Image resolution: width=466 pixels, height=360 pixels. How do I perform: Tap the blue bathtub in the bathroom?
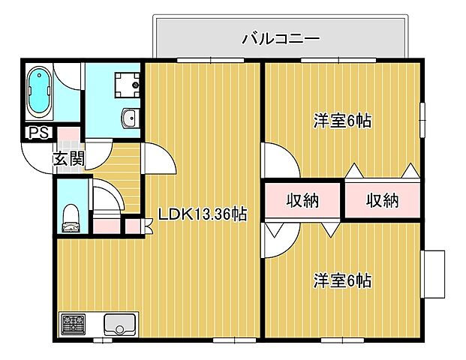pyautogui.click(x=39, y=92)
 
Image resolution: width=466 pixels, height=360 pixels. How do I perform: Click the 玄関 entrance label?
pyautogui.click(x=68, y=158)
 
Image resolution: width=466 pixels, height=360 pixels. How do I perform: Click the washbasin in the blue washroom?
pyautogui.click(x=129, y=117)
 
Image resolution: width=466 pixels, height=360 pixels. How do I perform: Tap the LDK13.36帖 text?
pyautogui.click(x=202, y=214)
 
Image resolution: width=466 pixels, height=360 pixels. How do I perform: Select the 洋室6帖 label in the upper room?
pyautogui.click(x=343, y=121)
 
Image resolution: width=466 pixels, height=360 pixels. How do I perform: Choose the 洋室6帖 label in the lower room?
pyautogui.click(x=343, y=280)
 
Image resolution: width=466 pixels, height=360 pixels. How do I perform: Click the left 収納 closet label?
pyautogui.click(x=303, y=200)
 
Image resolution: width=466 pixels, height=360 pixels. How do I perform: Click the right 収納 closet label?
pyautogui.click(x=382, y=200)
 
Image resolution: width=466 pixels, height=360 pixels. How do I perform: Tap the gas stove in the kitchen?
pyautogui.click(x=73, y=325)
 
